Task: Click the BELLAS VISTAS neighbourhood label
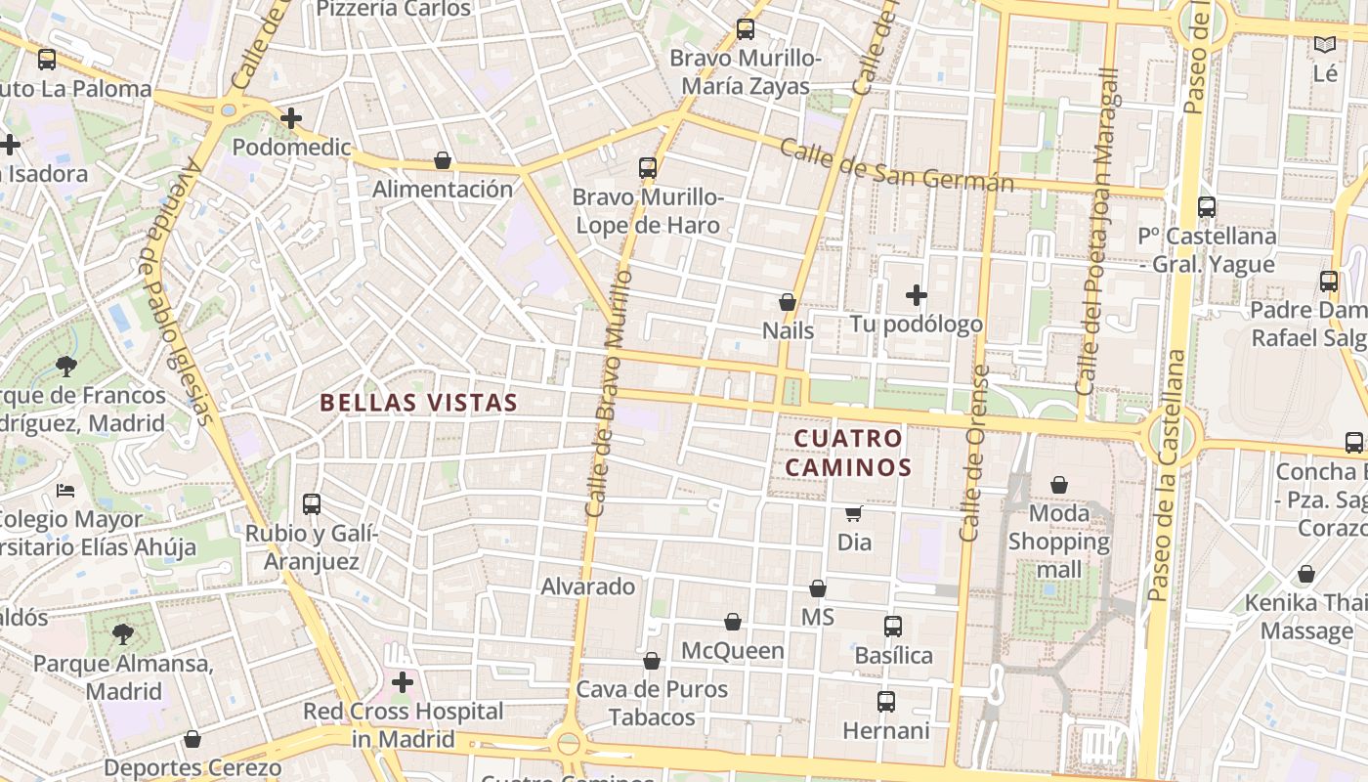point(418,402)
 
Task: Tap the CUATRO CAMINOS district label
point(847,453)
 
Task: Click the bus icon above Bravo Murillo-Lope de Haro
point(647,167)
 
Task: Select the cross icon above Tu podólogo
point(916,294)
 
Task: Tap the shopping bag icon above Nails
point(787,302)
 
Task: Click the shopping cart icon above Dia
point(853,513)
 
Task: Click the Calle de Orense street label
point(975,454)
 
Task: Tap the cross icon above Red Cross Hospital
point(402,681)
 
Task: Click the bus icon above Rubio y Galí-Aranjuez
point(311,504)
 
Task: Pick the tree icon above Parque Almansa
point(122,634)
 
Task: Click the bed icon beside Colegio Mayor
point(65,490)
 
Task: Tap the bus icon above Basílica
point(892,627)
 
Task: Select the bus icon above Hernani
point(885,702)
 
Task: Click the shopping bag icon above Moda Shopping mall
point(1058,485)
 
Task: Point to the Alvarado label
point(588,586)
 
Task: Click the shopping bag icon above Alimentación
point(442,160)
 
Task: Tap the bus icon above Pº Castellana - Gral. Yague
point(1207,207)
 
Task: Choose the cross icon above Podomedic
point(290,118)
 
